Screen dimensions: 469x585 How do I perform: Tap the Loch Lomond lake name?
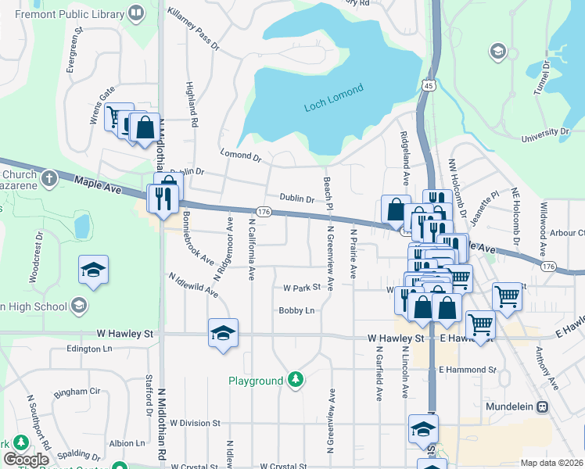(333, 99)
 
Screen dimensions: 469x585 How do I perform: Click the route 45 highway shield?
(427, 85)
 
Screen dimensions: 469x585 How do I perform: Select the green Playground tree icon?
(295, 380)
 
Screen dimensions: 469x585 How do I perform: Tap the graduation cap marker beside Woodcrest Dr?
(93, 270)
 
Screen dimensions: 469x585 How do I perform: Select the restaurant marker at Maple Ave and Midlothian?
(163, 199)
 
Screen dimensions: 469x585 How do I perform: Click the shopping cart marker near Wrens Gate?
(117, 117)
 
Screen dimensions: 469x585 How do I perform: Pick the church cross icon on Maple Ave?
(48, 178)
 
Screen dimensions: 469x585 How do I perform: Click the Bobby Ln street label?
(296, 310)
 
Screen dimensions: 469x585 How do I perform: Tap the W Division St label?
(195, 423)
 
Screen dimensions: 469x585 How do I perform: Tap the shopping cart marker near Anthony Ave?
(507, 295)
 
